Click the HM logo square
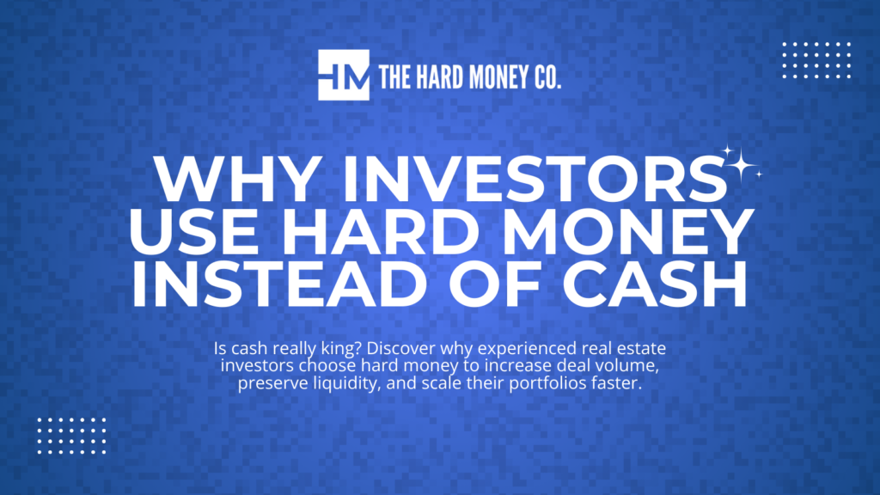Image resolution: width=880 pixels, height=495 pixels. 343,75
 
